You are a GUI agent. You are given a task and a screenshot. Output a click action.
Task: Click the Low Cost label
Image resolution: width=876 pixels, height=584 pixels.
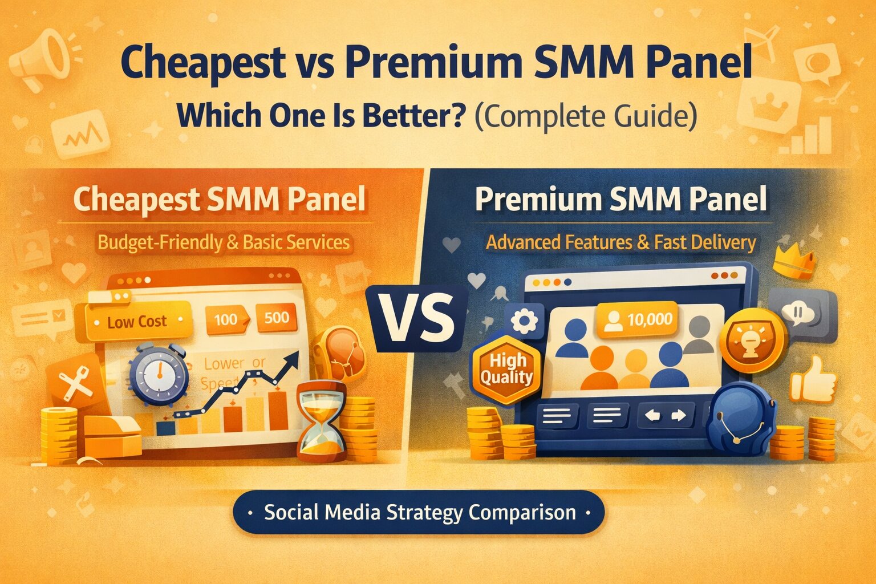click(137, 322)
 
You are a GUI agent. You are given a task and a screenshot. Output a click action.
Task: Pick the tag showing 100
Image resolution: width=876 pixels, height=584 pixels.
click(226, 319)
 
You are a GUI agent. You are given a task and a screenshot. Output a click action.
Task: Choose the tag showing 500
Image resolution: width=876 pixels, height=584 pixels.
click(277, 318)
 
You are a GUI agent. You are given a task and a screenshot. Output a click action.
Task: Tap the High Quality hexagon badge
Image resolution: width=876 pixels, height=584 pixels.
click(506, 369)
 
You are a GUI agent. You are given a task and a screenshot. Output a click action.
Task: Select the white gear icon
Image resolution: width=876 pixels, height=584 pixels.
click(524, 321)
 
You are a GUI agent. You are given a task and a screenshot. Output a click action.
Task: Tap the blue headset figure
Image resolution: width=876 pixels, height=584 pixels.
click(740, 419)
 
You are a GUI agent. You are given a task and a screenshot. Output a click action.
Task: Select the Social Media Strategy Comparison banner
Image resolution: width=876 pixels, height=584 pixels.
click(419, 512)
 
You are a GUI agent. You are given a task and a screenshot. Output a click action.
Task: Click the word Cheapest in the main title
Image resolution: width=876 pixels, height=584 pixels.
click(204, 63)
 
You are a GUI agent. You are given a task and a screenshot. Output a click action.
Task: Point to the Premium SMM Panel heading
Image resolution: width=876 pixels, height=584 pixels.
click(620, 200)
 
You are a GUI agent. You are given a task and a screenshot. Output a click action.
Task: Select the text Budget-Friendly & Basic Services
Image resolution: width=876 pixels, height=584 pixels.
click(224, 242)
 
